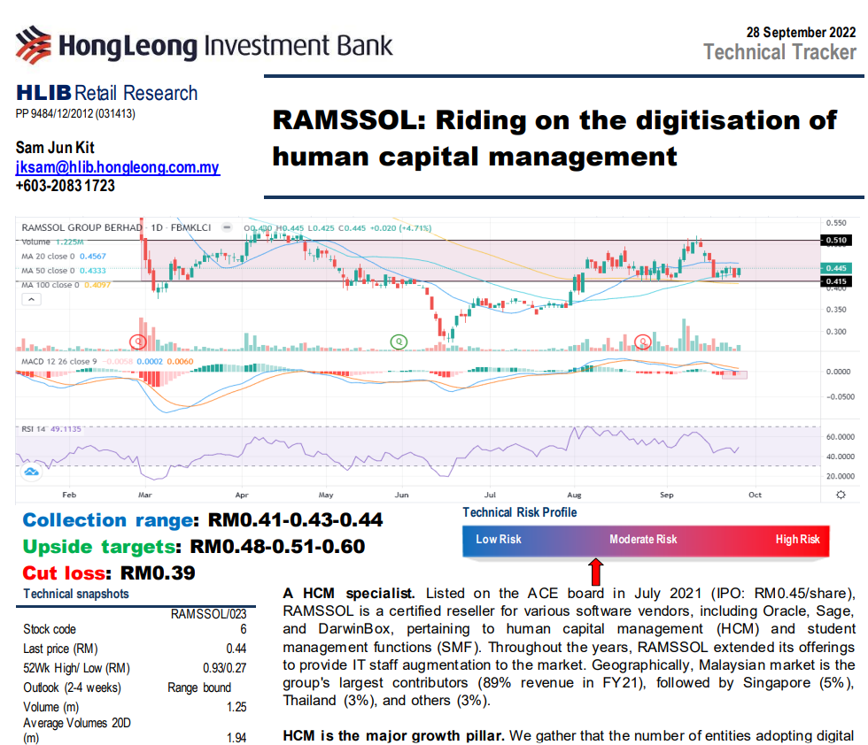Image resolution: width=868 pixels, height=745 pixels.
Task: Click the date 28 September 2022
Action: tap(802, 33)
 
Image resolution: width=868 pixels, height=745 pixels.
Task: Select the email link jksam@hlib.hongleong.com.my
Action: tap(118, 167)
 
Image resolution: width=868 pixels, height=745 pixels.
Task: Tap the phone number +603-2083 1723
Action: tap(66, 186)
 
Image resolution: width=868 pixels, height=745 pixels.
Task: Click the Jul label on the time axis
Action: tap(489, 496)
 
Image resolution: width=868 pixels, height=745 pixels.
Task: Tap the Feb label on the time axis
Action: tap(68, 496)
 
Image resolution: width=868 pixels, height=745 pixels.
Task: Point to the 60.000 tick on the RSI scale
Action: tap(837, 437)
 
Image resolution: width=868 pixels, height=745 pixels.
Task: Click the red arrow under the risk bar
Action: tap(595, 566)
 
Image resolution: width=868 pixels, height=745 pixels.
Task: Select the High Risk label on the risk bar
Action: tap(797, 539)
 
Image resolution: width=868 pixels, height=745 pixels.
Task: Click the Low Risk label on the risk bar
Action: tap(499, 539)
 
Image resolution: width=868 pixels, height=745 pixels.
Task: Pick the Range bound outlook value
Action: tap(199, 687)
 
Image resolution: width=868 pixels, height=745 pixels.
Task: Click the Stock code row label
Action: tap(50, 630)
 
